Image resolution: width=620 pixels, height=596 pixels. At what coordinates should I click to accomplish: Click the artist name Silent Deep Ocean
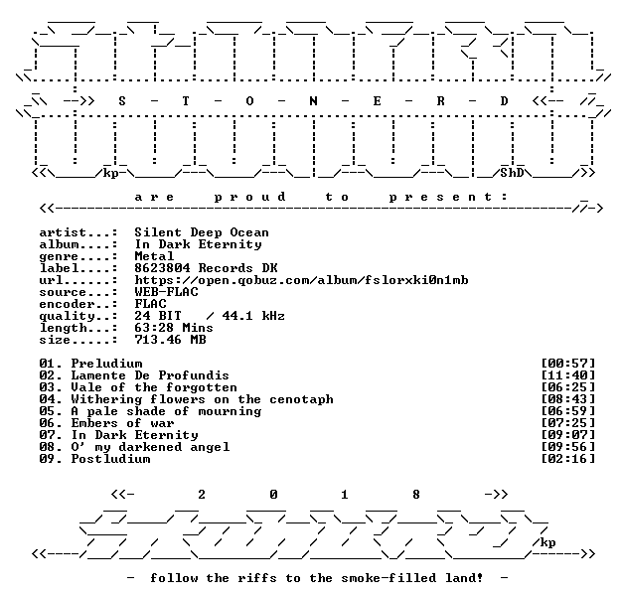point(202,232)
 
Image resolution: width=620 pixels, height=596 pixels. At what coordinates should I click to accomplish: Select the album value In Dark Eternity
point(198,244)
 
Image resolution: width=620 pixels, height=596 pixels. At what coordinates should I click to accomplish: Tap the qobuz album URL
point(301,280)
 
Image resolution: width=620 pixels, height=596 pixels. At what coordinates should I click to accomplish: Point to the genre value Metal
point(154,256)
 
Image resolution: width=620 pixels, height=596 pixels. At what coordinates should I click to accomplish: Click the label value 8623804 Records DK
point(206,268)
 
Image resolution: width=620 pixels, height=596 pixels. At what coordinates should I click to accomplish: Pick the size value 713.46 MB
point(170,340)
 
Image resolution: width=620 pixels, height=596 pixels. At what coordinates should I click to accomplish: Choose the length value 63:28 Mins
point(174,328)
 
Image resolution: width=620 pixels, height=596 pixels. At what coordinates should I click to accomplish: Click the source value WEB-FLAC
point(166,292)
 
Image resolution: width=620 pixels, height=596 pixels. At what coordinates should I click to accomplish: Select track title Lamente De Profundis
point(150,375)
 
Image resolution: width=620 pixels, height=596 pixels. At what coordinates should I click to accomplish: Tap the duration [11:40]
point(567,375)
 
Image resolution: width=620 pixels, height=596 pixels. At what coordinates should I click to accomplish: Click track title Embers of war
point(122,423)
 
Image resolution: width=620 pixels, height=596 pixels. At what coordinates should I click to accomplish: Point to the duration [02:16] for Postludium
point(567,459)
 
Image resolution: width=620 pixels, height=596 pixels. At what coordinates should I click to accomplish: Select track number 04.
point(47,399)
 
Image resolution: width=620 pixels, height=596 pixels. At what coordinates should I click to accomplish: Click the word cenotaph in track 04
point(301,399)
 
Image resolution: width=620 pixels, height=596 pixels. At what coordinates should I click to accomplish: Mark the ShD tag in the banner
point(512,173)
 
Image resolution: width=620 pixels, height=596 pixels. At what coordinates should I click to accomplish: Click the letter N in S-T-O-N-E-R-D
point(313,101)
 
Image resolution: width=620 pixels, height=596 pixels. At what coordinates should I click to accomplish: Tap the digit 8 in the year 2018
point(416,495)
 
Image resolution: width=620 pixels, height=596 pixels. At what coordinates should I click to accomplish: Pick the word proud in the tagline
point(250,197)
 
